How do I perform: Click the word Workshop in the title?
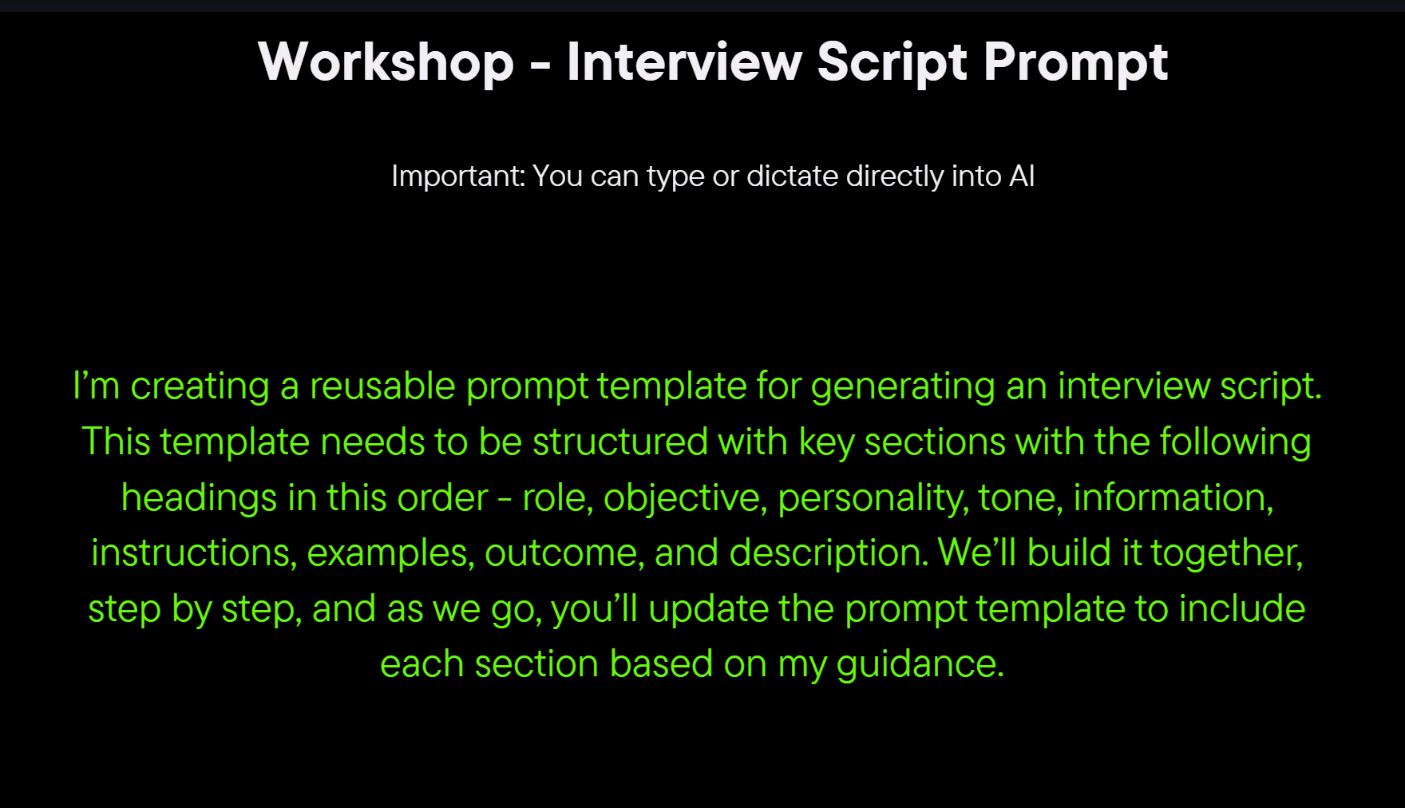[386, 62]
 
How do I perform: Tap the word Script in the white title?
[892, 62]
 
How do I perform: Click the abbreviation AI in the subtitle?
[1022, 176]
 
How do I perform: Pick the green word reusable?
[382, 386]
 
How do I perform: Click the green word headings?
[200, 499]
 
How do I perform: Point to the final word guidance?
[920, 665]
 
